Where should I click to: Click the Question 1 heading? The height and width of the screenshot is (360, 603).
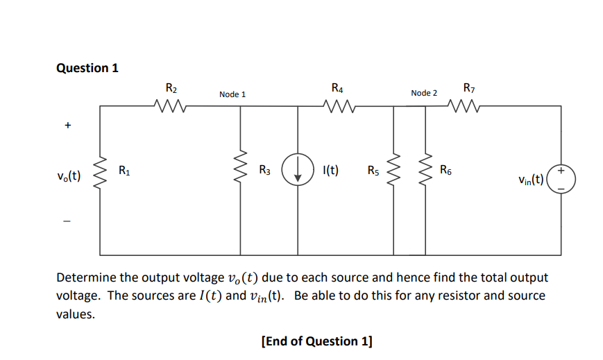tap(87, 68)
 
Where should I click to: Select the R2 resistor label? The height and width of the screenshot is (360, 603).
tap(171, 89)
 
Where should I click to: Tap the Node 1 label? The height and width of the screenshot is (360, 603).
tap(232, 94)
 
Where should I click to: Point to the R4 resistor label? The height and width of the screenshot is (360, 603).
tap(337, 89)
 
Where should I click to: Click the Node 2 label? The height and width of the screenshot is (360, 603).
tap(424, 93)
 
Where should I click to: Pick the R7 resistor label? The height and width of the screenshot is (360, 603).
tap(468, 89)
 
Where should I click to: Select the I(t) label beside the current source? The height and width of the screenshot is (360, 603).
tap(331, 170)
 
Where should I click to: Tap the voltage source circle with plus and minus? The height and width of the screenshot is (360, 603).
tap(561, 179)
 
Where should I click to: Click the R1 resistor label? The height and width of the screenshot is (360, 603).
tap(124, 170)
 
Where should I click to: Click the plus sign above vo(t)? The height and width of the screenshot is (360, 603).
tap(67, 126)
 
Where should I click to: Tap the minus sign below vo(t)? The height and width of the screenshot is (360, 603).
tap(67, 222)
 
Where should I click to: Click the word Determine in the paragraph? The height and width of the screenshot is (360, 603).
tap(86, 278)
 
